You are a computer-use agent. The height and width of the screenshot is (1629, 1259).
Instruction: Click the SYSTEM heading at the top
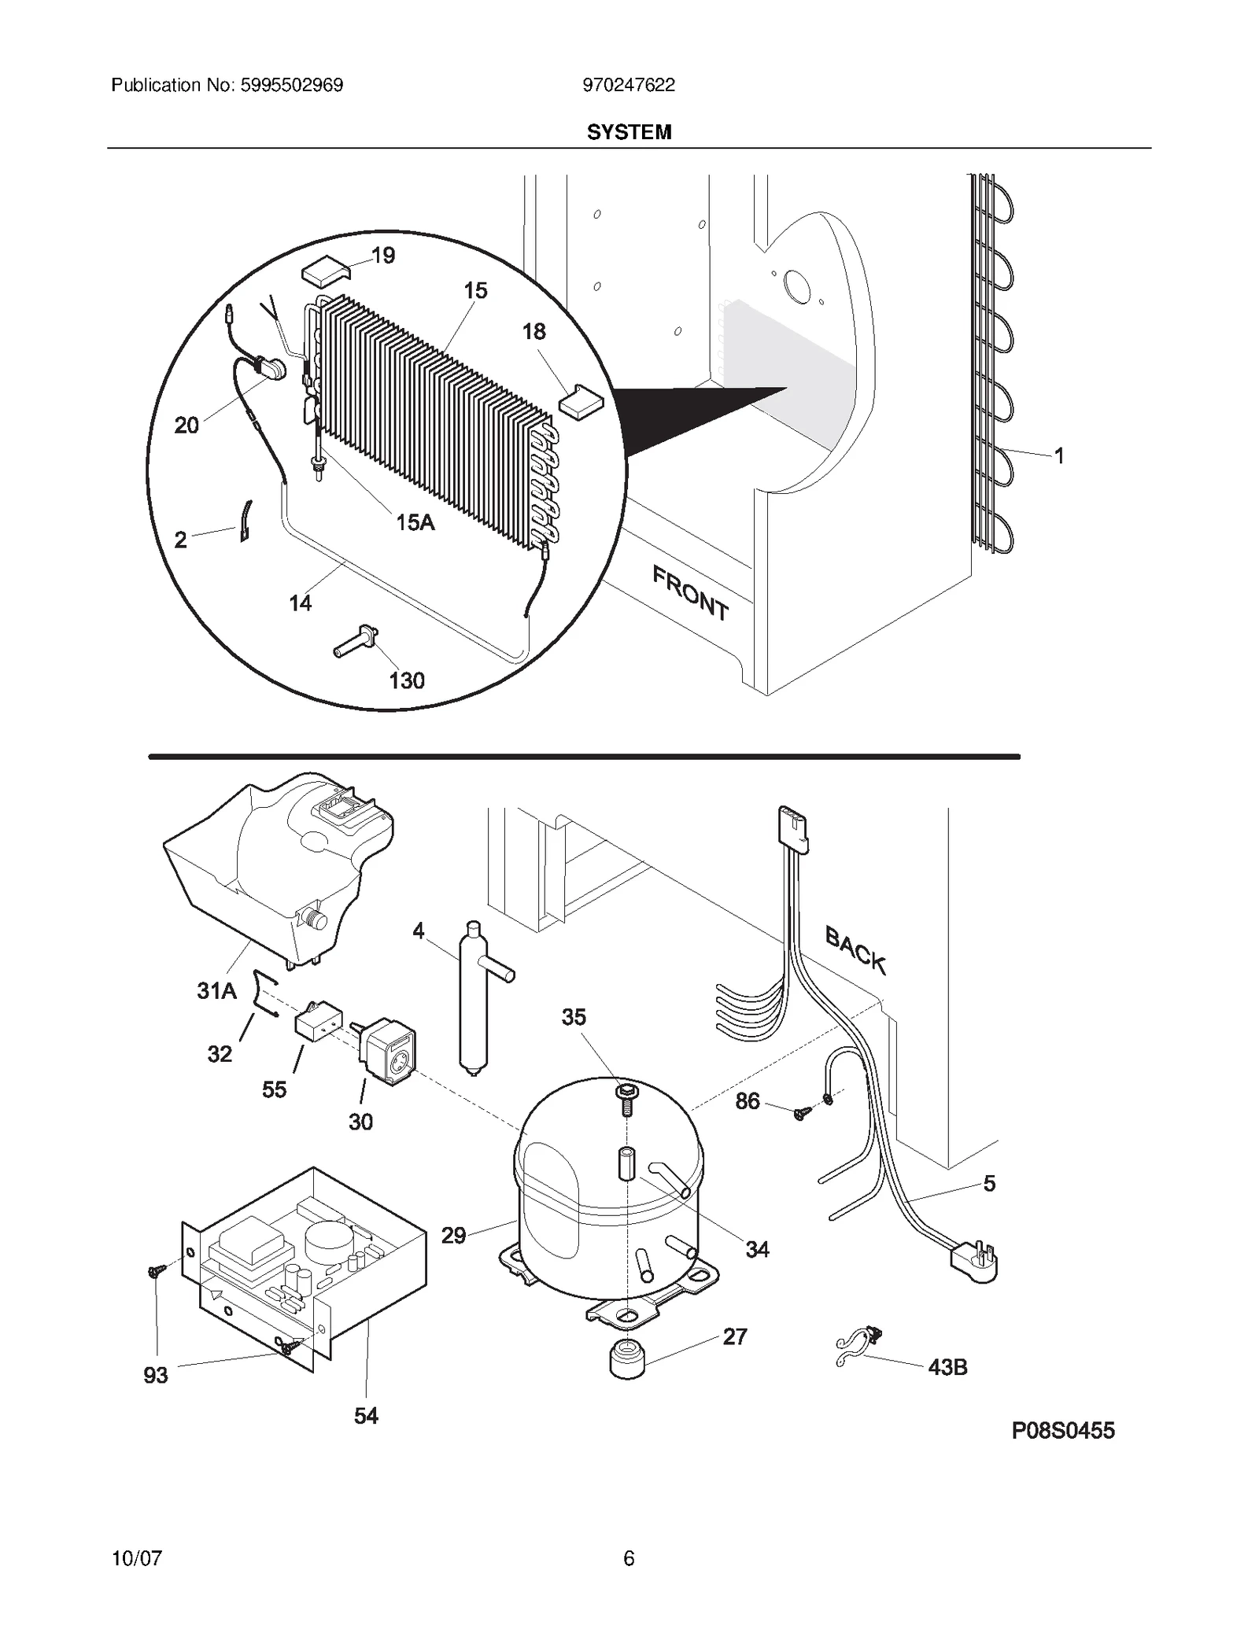tap(629, 132)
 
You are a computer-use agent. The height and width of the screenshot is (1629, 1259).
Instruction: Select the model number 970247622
tap(629, 85)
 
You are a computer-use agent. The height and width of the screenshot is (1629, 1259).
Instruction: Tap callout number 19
tap(383, 256)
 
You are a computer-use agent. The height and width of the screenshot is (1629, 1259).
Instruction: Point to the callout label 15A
tap(415, 522)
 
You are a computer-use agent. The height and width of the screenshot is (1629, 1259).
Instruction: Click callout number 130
tap(407, 680)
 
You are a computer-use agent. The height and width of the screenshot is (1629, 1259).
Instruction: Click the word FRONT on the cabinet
tap(690, 593)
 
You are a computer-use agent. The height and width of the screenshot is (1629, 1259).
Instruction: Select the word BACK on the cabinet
tap(855, 949)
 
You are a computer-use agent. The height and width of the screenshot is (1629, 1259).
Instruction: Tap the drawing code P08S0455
tap(1063, 1431)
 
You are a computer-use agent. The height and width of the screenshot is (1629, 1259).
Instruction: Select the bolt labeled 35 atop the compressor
tap(627, 1098)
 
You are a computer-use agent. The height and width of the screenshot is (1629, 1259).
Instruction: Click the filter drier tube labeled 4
tap(474, 997)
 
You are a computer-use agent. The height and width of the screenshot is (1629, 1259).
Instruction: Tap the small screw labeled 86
tap(802, 1112)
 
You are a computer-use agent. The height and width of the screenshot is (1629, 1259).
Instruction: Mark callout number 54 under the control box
tap(366, 1417)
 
